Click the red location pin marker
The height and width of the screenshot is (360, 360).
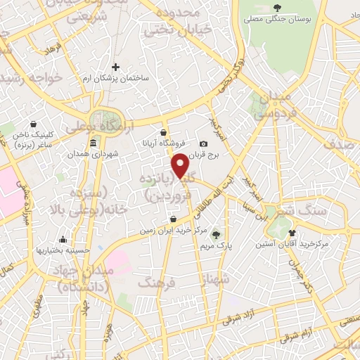[x=180, y=165]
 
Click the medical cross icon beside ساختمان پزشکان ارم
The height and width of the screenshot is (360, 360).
[x=116, y=67]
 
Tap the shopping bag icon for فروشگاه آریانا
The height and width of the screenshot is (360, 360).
[x=163, y=131]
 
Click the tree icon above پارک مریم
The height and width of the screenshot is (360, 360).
[x=215, y=235]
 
